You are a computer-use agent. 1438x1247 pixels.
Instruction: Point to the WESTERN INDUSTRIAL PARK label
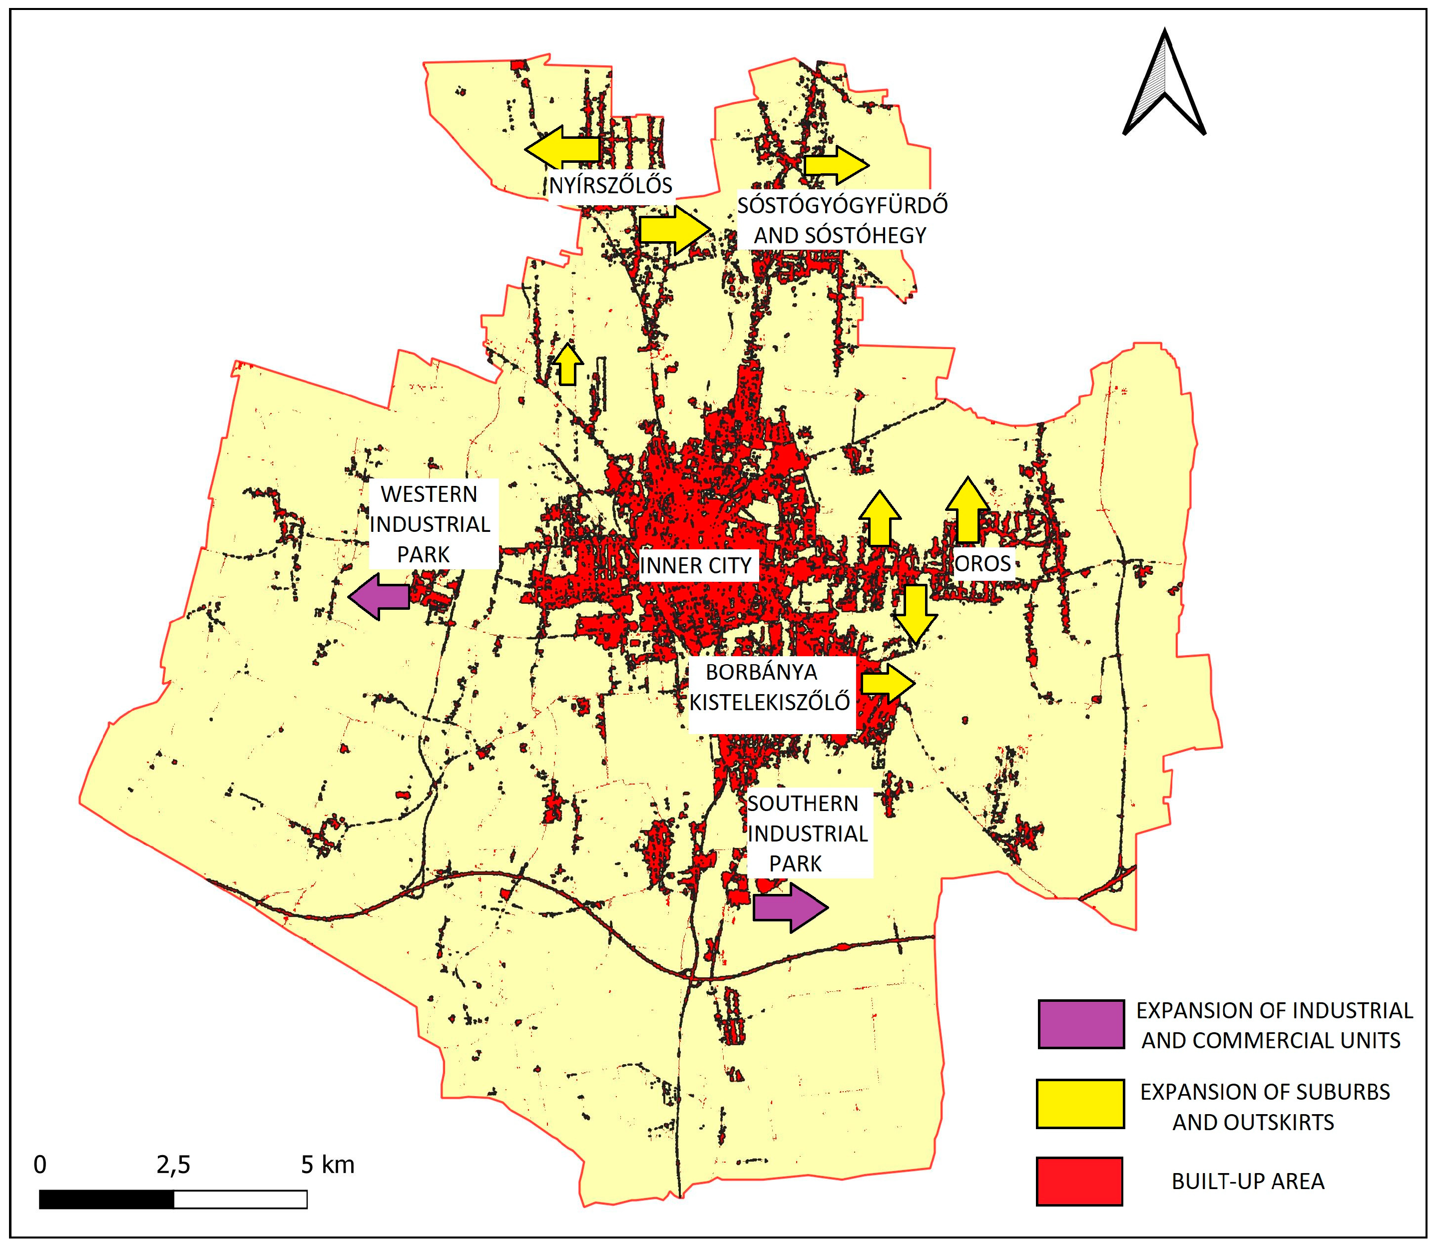tap(430, 524)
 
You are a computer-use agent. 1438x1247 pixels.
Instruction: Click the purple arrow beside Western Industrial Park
tap(379, 596)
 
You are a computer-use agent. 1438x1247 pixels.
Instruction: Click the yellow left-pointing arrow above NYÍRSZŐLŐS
tap(562, 147)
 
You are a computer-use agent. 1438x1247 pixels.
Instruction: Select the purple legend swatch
tap(1080, 1024)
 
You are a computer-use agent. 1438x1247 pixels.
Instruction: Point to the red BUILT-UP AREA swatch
tap(1079, 1181)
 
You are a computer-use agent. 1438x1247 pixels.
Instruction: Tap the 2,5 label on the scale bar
tap(173, 1165)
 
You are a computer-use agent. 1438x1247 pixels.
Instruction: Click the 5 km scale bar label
tap(327, 1165)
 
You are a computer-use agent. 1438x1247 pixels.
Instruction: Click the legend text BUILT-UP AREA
tap(1247, 1182)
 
